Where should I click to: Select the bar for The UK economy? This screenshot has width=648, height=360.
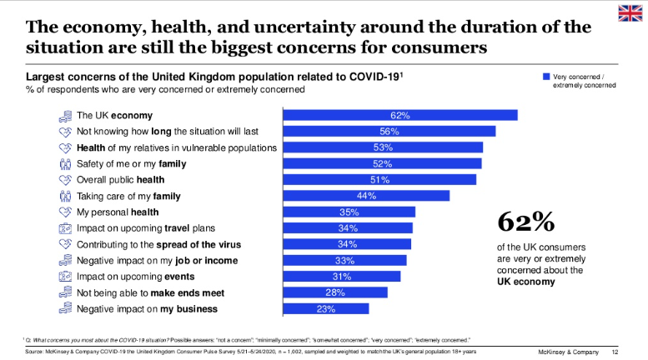coord(400,115)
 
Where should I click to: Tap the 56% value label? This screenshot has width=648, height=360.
coord(389,132)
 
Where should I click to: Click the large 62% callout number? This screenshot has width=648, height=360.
coord(526,222)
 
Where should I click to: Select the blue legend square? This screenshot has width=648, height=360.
coord(547,77)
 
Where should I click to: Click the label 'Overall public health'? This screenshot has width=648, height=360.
coord(120,180)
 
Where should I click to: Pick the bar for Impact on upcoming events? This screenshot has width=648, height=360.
coord(342,277)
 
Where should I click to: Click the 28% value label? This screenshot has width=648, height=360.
coord(336,292)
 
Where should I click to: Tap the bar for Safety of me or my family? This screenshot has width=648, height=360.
coord(383,163)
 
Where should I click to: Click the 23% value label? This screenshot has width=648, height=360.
coord(326,309)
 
